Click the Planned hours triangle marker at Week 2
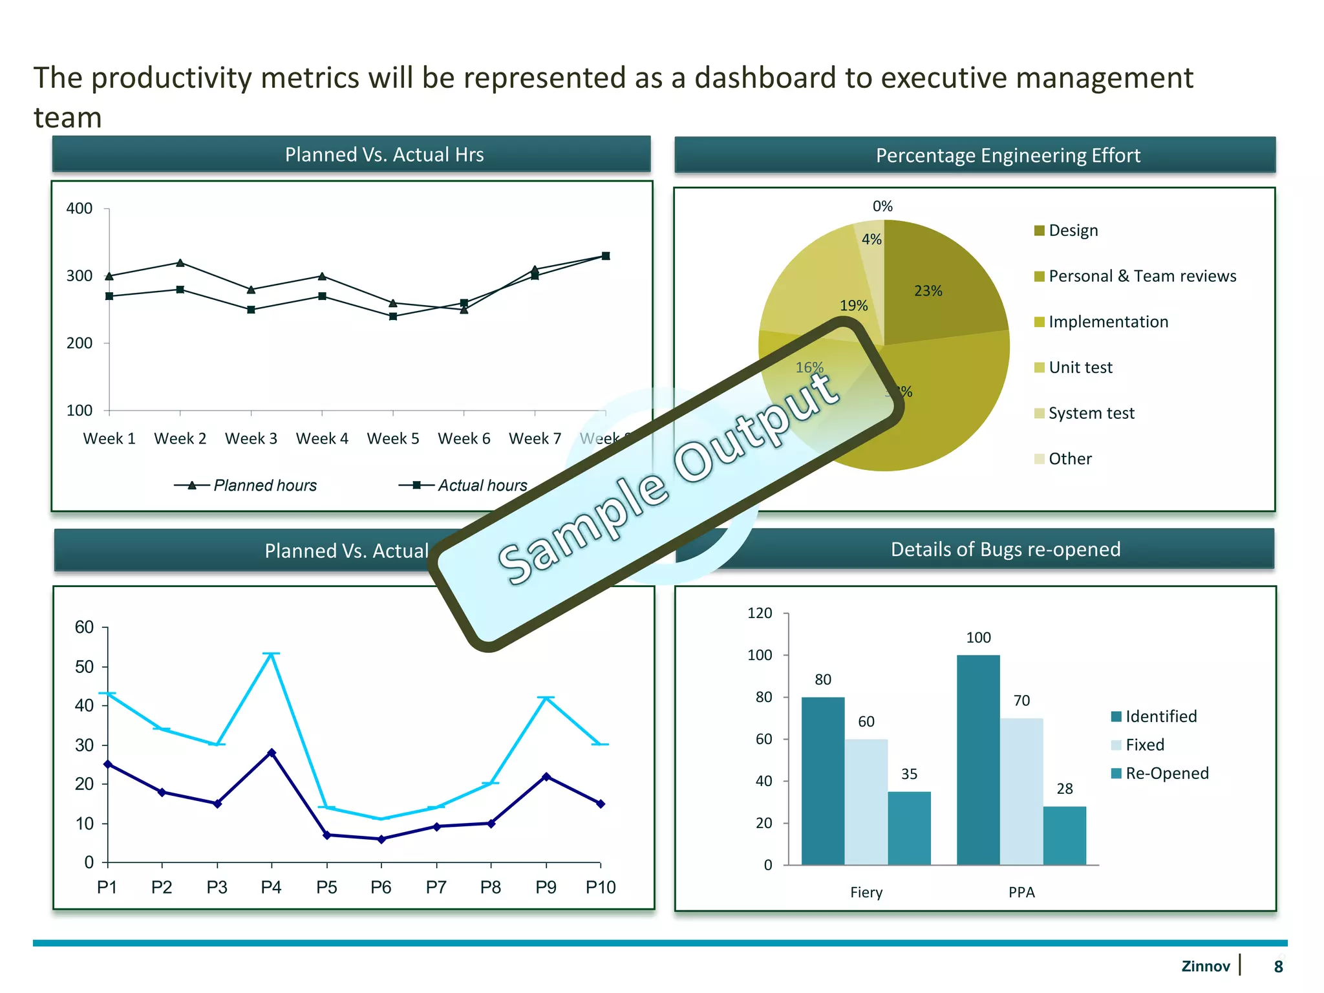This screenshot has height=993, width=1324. [180, 262]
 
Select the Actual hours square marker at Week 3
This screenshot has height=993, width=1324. [251, 310]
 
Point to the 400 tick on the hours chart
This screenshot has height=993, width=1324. [80, 208]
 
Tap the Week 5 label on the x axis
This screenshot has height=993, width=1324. [392, 438]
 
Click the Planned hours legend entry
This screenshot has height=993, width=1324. [246, 485]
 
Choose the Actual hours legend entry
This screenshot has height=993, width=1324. [464, 485]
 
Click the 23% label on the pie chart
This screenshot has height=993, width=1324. [928, 291]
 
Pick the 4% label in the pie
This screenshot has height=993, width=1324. [871, 239]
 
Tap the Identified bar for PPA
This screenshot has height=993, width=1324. [977, 760]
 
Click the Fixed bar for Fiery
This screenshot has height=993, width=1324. [866, 802]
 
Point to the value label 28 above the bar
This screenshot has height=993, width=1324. [1064, 789]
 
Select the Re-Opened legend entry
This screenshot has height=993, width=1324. [1160, 773]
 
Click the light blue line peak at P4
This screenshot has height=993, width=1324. [272, 654]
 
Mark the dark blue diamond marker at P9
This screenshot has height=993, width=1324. [546, 776]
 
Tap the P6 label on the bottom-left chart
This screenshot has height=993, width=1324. [381, 887]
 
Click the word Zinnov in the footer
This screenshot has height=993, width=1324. [1205, 966]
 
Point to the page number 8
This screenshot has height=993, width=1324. [1278, 966]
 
